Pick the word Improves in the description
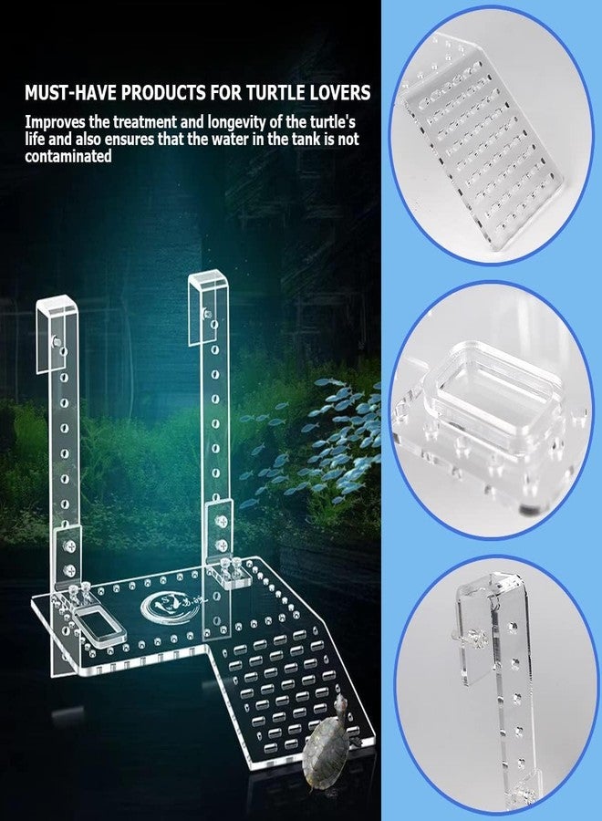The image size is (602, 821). tap(56, 120)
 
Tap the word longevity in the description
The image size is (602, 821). tap(212, 120)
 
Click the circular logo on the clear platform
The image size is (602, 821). tap(165, 606)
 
